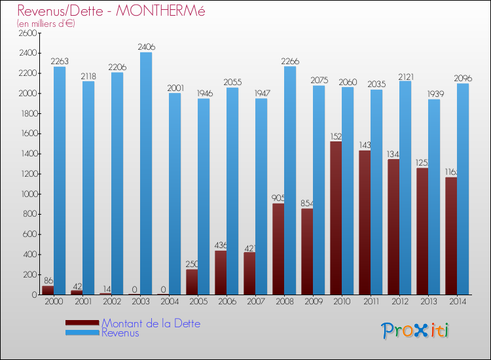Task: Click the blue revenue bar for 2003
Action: point(146,173)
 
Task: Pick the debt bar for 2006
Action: point(221,272)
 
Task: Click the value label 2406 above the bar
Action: point(146,47)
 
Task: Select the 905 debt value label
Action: point(278,198)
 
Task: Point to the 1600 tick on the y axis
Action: point(28,134)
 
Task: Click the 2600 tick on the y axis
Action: point(28,33)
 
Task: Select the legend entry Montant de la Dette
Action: point(151,323)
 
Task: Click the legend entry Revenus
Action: point(120,333)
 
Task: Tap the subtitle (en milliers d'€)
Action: point(46,24)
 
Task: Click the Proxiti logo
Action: point(415,331)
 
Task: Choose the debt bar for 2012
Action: point(393,226)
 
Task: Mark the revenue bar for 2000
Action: point(60,181)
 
